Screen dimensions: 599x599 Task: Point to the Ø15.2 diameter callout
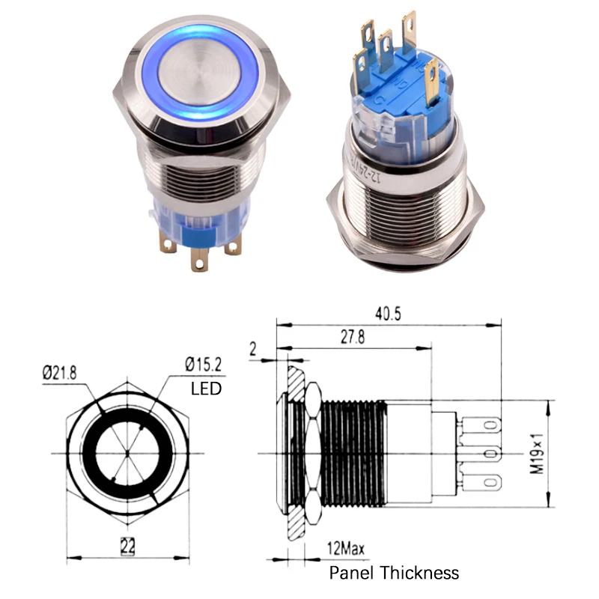click(204, 366)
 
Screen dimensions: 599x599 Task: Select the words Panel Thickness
click(394, 574)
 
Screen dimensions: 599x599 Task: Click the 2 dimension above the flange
click(253, 347)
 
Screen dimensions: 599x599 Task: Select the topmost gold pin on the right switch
click(409, 26)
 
